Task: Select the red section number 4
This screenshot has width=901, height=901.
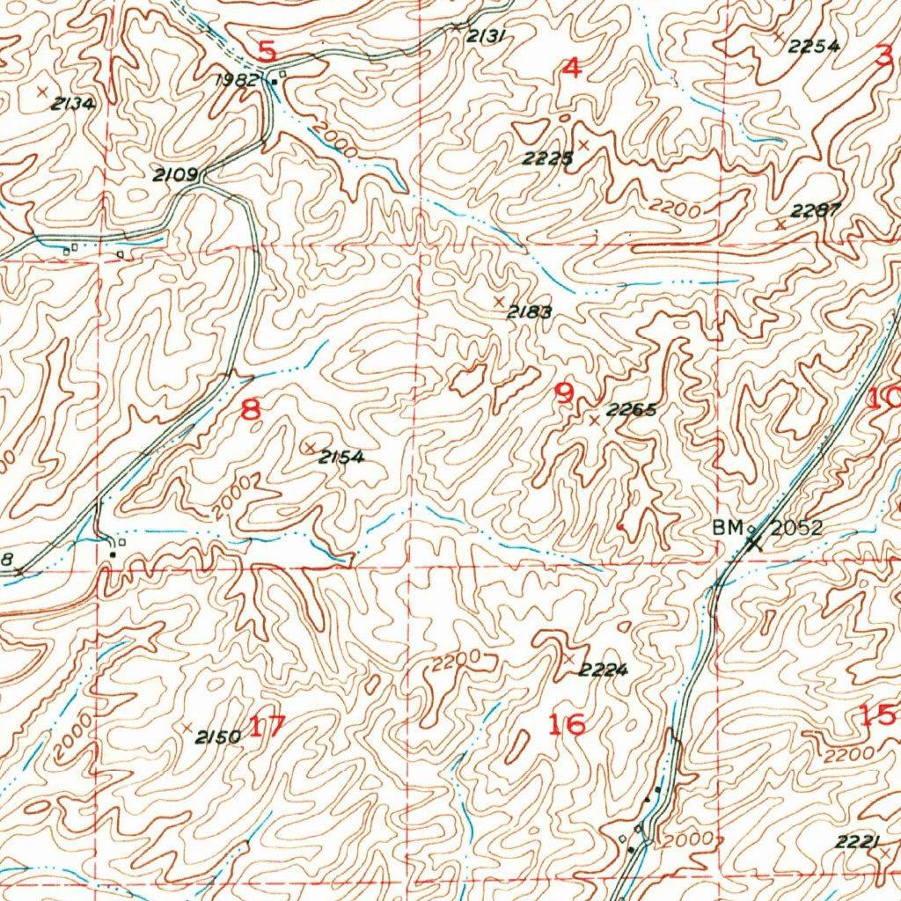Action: tap(571, 68)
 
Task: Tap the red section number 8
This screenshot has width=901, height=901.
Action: tap(251, 409)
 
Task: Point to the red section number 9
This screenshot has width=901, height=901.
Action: tap(564, 393)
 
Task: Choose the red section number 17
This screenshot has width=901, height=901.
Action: tap(268, 727)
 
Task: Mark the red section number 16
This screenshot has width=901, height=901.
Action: tap(566, 724)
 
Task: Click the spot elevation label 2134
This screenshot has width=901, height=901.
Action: tap(72, 104)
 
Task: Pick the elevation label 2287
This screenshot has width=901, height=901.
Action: tap(816, 210)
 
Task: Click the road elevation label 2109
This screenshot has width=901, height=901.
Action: tap(174, 175)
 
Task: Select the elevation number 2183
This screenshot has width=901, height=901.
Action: tap(529, 311)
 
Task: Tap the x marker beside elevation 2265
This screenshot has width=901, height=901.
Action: tap(594, 421)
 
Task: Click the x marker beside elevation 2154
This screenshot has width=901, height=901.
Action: tap(309, 448)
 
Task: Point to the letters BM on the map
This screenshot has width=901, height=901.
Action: tap(728, 528)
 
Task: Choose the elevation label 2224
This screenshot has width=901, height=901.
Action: tap(603, 670)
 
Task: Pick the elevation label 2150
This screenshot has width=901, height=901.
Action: tap(217, 737)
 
